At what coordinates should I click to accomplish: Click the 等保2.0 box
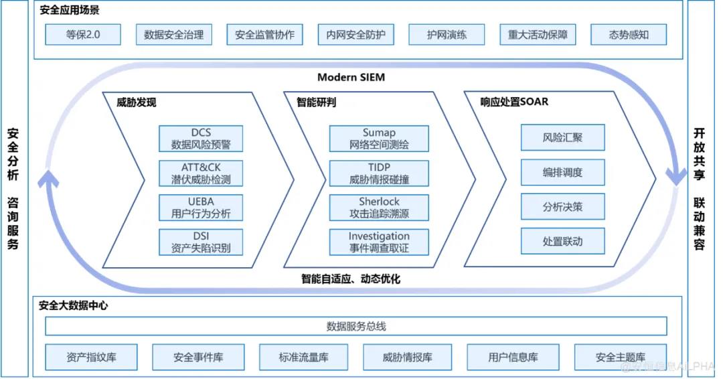point(83,35)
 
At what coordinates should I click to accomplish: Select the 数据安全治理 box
point(173,35)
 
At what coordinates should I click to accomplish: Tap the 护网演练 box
point(447,35)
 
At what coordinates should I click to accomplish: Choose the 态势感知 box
point(629,35)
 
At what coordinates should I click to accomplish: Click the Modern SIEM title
point(351,77)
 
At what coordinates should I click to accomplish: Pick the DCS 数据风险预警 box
point(201,139)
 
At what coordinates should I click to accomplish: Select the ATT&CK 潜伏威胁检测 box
point(201,173)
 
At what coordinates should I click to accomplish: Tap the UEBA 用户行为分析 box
point(201,208)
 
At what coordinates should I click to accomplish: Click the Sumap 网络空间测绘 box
point(379,139)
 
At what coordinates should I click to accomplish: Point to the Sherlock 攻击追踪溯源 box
point(379,208)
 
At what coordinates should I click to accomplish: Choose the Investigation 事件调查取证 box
point(379,242)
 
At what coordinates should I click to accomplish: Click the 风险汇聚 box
point(562,138)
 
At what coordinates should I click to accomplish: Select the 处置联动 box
point(562,241)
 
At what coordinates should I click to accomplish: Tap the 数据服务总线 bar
point(356,327)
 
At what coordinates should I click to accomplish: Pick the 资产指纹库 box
point(92,358)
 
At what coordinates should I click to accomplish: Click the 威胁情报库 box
point(407,358)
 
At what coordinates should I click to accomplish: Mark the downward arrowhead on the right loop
point(675,175)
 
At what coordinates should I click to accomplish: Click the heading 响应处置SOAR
point(514,102)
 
